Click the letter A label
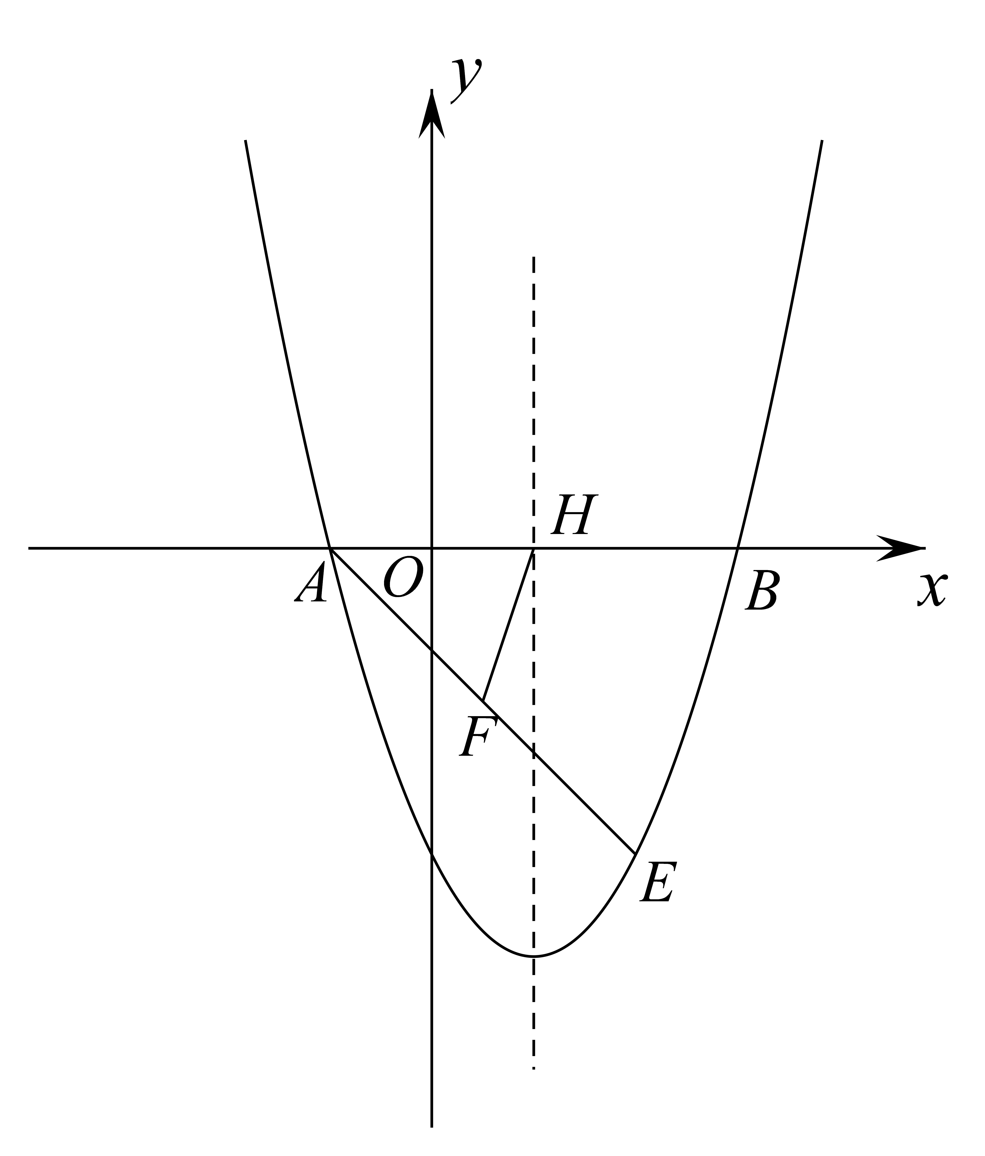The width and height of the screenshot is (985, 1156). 311,582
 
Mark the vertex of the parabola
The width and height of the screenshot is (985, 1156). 534,957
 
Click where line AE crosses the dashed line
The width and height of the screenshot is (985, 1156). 534,753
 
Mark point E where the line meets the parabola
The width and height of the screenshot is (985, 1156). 635,854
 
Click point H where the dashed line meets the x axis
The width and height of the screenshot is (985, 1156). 534,548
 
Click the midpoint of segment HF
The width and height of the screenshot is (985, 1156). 508,625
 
